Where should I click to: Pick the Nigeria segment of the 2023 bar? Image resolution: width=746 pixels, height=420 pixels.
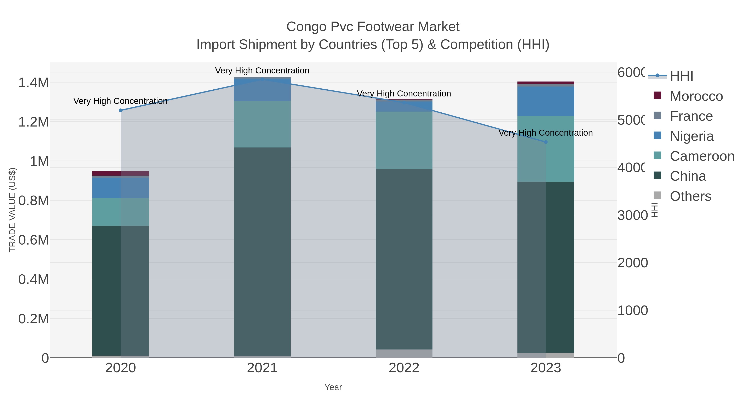[x=546, y=101]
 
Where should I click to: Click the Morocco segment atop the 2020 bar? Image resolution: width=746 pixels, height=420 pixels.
[x=120, y=173]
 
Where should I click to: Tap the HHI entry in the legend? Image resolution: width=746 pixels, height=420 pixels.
[x=681, y=76]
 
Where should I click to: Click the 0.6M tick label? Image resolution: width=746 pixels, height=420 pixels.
[x=34, y=240]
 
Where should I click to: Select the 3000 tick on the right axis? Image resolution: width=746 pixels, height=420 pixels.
[x=632, y=215]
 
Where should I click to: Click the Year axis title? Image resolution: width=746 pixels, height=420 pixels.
[x=333, y=387]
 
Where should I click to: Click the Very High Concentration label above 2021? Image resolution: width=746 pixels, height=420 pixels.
[x=262, y=71]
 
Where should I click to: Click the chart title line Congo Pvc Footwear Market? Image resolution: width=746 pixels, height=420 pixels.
[x=373, y=27]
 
